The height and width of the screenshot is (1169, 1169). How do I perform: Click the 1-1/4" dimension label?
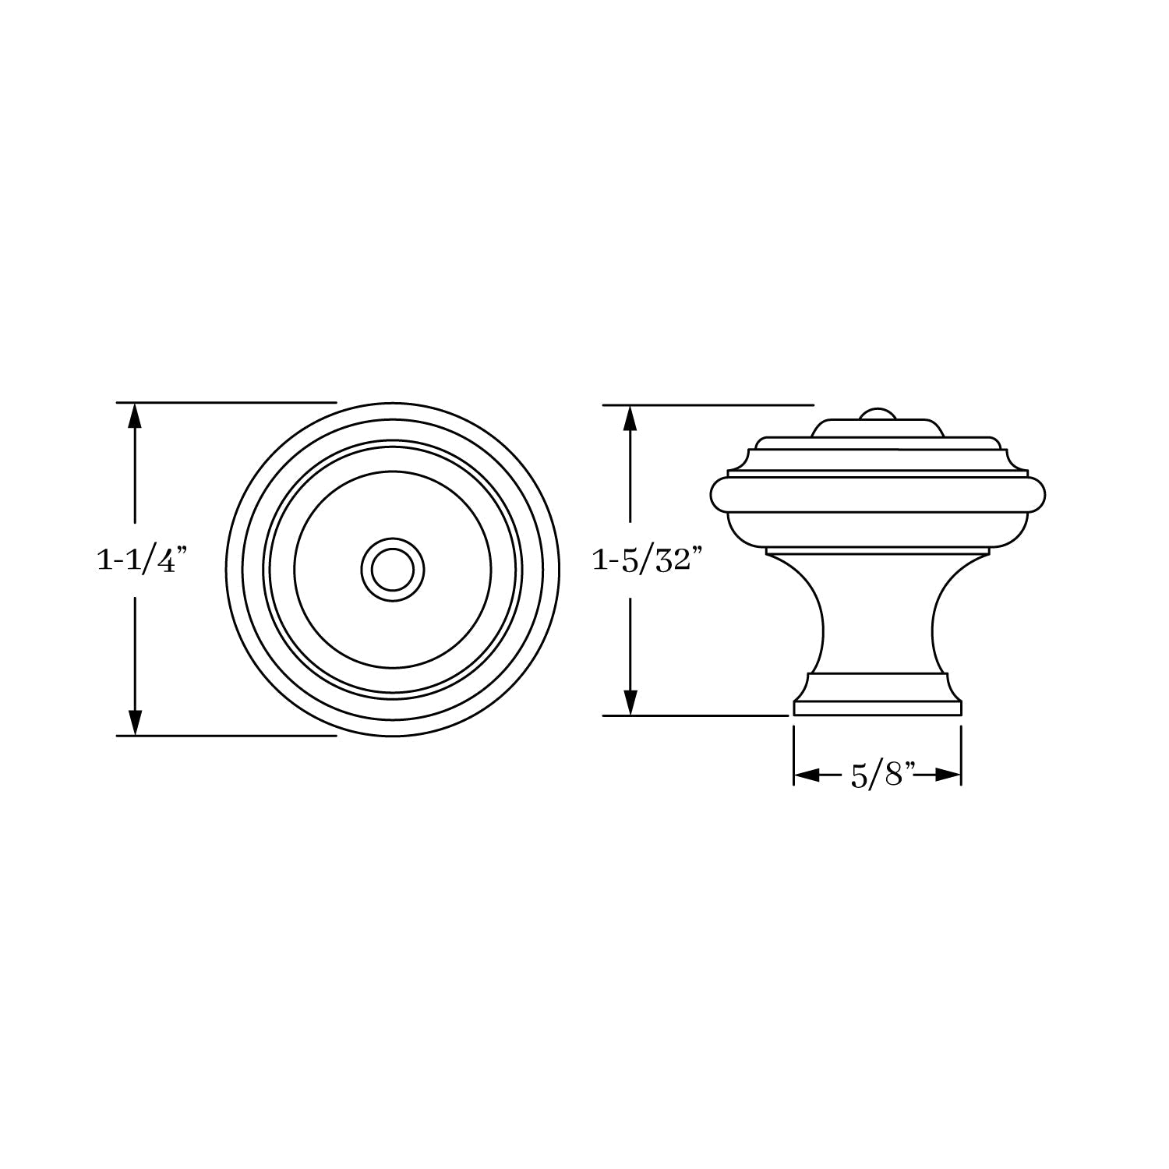(x=143, y=560)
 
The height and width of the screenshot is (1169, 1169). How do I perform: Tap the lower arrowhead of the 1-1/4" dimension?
(x=135, y=722)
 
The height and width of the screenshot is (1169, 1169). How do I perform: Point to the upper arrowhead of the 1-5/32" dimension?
(x=630, y=419)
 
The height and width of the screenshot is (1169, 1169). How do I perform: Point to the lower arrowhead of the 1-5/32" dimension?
(x=630, y=701)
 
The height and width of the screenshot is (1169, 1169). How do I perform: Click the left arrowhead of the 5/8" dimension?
(x=807, y=775)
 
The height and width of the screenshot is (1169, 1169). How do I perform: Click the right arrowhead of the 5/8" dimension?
(x=947, y=775)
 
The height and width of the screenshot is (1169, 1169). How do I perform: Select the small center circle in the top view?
(x=394, y=569)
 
